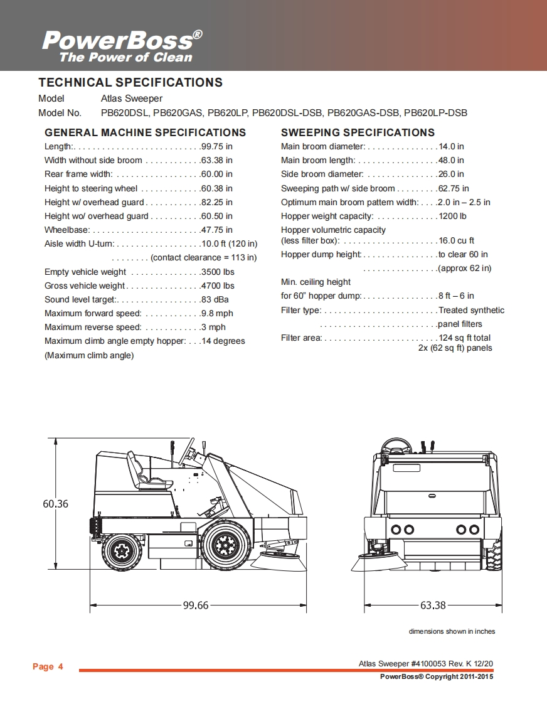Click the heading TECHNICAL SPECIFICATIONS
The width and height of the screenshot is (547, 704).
pos(130,82)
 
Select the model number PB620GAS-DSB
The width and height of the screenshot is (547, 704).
pos(363,114)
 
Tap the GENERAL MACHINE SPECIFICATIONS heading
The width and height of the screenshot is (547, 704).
pos(145,132)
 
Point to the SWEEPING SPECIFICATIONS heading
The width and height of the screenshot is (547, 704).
pos(358,132)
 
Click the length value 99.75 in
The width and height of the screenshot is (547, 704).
pos(217,146)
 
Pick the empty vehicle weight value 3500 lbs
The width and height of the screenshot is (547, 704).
pos(218,272)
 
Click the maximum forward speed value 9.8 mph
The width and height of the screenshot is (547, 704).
pos(217,313)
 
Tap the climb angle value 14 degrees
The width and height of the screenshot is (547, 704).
pos(223,341)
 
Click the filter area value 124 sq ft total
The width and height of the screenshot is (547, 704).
pos(465,338)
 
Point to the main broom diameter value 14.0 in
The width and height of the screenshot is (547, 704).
pos(452,146)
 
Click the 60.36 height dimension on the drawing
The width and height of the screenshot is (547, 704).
pos(55,504)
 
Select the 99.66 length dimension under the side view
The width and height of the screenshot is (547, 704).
pos(195,605)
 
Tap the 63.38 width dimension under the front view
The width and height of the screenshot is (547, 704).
pos(433,605)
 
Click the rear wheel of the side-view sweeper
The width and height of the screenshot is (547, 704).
pos(120,550)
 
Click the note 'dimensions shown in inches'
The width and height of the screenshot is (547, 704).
pos(452,631)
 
